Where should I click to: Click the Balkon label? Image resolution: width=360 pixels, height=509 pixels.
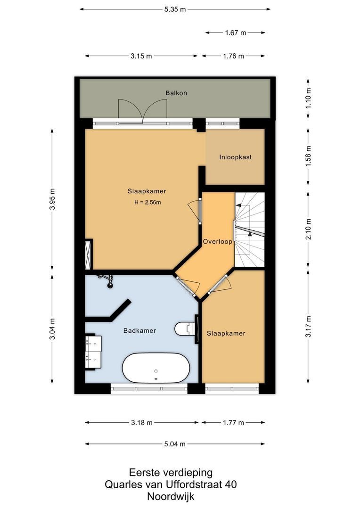point(176,93)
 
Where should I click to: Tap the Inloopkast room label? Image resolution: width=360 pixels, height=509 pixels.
point(235,157)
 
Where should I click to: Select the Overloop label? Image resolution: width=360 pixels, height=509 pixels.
point(218,241)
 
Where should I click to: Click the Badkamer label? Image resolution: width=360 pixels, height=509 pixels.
point(139,330)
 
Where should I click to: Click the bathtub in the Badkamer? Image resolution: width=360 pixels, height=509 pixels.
point(156,368)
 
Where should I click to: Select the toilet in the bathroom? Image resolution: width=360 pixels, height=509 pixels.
point(185,328)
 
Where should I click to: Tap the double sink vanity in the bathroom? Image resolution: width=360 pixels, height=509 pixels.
point(93,352)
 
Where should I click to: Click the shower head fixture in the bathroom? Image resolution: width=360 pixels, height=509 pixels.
point(108,281)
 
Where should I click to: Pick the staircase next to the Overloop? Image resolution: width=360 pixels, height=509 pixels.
point(249,230)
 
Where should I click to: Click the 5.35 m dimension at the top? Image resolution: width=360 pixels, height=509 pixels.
point(175,9)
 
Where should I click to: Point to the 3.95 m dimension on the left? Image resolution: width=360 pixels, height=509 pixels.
point(53,199)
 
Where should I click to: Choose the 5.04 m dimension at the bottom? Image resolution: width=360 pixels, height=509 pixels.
point(175,443)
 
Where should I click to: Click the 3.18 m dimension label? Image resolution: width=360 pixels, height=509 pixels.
point(142,423)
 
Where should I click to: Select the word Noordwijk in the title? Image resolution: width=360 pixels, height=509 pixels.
point(171,496)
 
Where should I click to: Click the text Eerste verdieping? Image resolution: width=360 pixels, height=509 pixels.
point(171,472)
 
